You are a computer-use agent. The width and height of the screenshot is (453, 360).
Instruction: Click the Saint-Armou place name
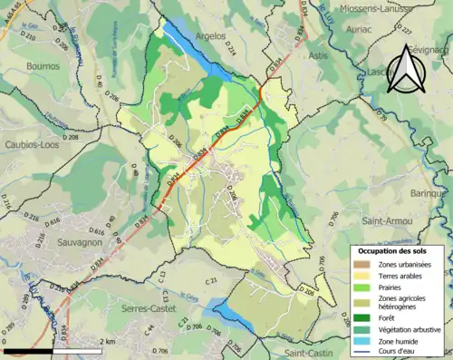pos(386,221)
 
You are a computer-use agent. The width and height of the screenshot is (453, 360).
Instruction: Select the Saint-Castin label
pos(310,352)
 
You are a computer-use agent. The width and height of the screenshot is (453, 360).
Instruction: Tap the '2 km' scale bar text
pos(108,342)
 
